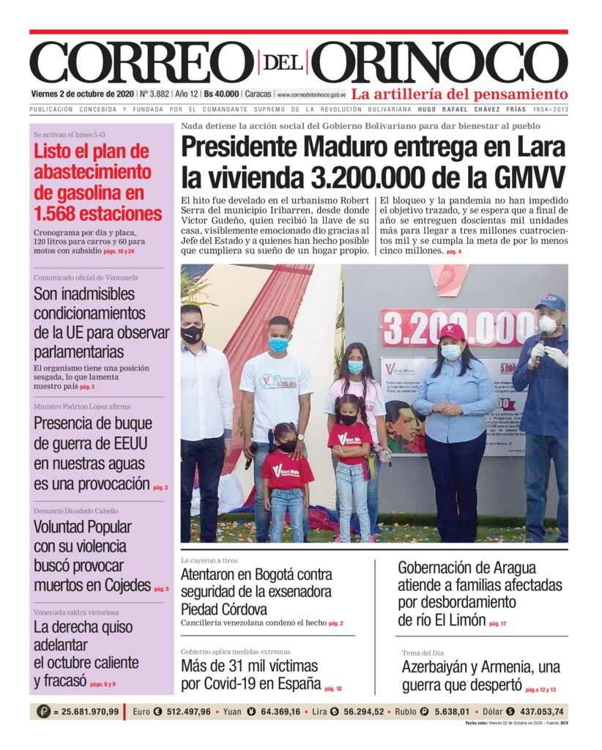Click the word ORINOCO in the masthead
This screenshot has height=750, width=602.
pos(445,63)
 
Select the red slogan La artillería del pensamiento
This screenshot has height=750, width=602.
pos(459,94)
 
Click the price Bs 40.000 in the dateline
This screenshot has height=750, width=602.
pos(221,94)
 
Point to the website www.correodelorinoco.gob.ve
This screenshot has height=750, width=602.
pos(311,94)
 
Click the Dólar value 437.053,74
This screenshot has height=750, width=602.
pos(537,711)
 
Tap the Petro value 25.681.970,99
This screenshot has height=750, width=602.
pos(86,711)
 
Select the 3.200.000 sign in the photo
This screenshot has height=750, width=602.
pos(459,327)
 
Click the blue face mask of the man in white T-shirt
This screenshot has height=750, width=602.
pos(278,344)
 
